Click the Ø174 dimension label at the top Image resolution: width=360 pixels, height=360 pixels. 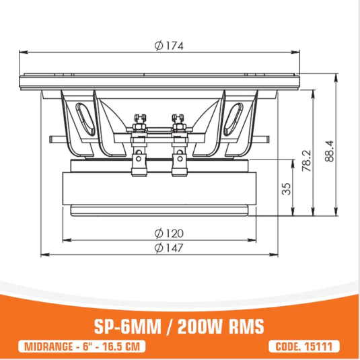168,46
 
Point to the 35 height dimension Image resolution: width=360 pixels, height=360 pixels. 286,189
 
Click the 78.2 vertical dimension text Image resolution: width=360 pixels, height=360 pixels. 306,161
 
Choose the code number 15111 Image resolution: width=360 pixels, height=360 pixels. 320,347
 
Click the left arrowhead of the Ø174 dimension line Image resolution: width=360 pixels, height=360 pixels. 22,52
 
